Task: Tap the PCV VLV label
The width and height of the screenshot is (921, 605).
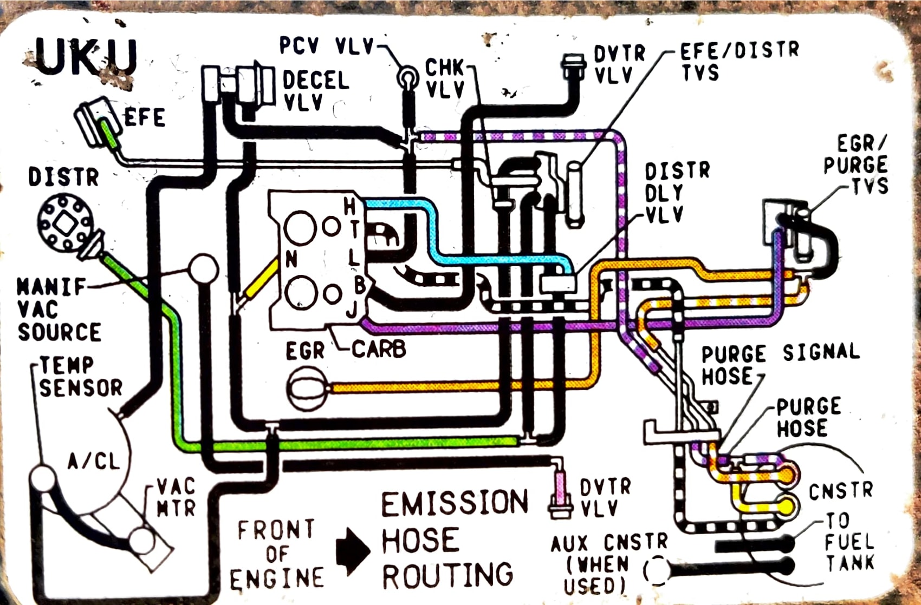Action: (x=327, y=46)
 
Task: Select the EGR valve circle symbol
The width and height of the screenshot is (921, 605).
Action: (x=307, y=387)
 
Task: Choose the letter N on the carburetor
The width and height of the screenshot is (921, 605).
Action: (x=291, y=260)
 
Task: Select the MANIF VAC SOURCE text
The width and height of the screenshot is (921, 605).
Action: (x=59, y=310)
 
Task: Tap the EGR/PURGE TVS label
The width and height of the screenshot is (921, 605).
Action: (x=855, y=165)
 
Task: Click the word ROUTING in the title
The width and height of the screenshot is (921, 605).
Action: (x=447, y=575)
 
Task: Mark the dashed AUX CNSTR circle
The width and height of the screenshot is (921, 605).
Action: (x=657, y=570)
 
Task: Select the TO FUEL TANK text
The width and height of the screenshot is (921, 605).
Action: (x=849, y=542)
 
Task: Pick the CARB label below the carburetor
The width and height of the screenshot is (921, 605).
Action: (x=379, y=349)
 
